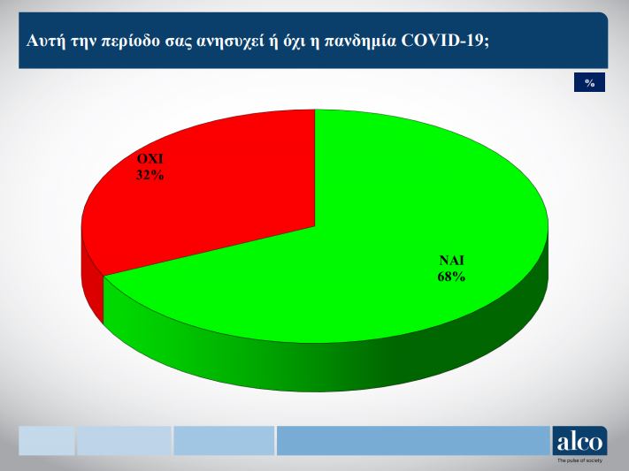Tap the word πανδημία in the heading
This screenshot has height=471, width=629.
(x=360, y=42)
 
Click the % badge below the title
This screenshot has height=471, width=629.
(x=589, y=82)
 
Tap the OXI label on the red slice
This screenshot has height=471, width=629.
(x=150, y=159)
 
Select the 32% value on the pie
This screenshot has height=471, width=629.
(x=150, y=175)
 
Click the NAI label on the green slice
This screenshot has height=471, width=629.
(x=452, y=261)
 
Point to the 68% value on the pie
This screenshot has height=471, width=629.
(x=452, y=277)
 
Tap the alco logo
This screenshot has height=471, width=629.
(x=579, y=441)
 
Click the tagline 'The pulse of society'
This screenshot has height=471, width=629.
(x=579, y=460)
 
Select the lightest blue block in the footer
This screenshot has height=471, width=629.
(x=47, y=441)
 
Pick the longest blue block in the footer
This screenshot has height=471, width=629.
(x=414, y=441)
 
